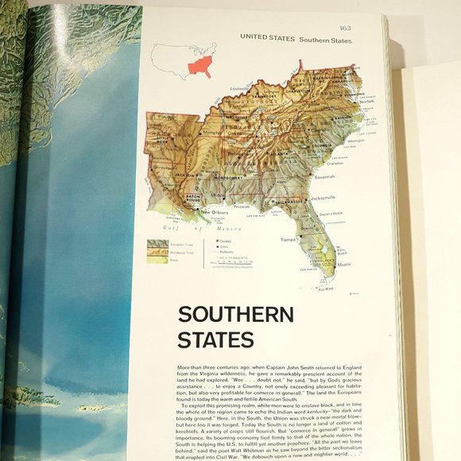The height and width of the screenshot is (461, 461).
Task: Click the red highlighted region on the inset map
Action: pos(197,62)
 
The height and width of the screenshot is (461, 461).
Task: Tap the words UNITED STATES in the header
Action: pos(267,38)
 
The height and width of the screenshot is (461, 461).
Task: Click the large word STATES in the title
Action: pos(215,340)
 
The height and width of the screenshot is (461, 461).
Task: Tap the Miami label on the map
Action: pos(344,264)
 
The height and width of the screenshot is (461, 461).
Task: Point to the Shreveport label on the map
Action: pos(163,169)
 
